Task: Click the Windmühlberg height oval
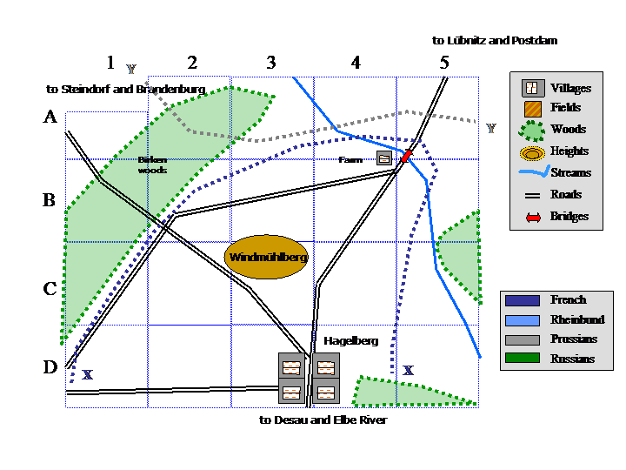point(267,258)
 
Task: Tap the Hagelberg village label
point(350,341)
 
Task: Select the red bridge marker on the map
point(406,156)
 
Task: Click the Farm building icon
point(383,158)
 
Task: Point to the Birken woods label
point(152,164)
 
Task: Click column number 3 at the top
point(271,63)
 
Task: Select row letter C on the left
point(50,289)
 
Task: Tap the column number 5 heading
point(444,63)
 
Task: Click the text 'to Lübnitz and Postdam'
point(494,40)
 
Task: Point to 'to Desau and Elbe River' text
point(323,420)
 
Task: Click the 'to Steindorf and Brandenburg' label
point(125,89)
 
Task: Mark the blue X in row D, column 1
point(87,375)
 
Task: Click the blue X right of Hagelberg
point(408,370)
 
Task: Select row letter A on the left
point(50,118)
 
